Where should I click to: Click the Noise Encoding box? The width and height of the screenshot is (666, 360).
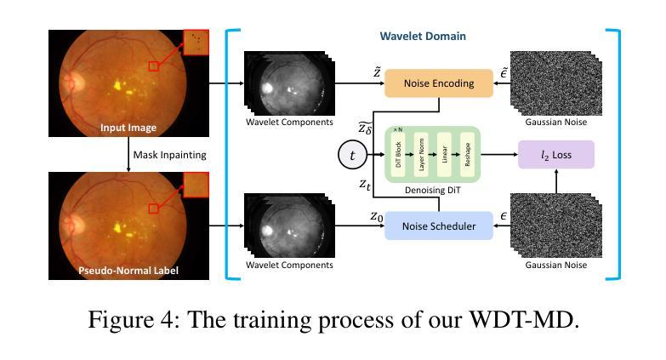(x=439, y=83)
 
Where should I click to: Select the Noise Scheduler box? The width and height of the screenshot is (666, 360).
(x=439, y=226)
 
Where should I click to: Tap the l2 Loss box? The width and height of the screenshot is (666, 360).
(x=555, y=155)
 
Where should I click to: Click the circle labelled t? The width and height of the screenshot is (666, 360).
(x=352, y=156)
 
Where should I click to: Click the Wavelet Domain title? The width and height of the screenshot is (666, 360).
(x=423, y=37)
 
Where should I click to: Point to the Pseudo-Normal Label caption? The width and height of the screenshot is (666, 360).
(x=128, y=271)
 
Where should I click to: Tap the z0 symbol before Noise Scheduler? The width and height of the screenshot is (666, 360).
(x=376, y=216)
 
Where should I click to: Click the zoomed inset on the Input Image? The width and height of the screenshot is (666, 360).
(x=196, y=43)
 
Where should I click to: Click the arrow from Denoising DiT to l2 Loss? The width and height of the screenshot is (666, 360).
(x=502, y=155)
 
